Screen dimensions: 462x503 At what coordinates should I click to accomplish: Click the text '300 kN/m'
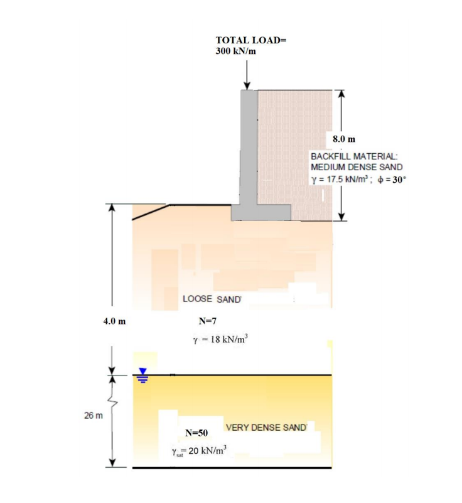235,51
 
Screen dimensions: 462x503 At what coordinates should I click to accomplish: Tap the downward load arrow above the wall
247,75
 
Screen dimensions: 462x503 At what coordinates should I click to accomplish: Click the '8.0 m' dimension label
344,139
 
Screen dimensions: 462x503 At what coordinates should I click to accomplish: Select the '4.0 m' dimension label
114,321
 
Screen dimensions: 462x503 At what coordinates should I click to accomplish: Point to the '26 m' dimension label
94,416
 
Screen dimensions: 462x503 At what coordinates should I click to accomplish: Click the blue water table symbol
142,376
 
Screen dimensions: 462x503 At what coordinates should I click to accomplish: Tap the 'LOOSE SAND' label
212,299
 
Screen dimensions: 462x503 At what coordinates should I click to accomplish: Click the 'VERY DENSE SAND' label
266,427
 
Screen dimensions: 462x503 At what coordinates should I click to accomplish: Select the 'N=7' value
207,321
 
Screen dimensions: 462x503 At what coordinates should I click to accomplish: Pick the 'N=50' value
196,433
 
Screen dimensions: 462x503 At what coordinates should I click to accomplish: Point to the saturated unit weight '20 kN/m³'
207,450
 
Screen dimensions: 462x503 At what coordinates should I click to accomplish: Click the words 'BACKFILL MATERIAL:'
354,156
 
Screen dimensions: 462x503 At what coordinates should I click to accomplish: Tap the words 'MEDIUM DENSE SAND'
357,167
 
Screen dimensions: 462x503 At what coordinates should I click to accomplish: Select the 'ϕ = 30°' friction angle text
392,180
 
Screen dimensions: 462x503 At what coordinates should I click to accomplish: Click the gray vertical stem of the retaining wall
249,148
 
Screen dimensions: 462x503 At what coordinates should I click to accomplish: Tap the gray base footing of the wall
261,213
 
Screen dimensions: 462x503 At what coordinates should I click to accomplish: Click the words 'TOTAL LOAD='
251,40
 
